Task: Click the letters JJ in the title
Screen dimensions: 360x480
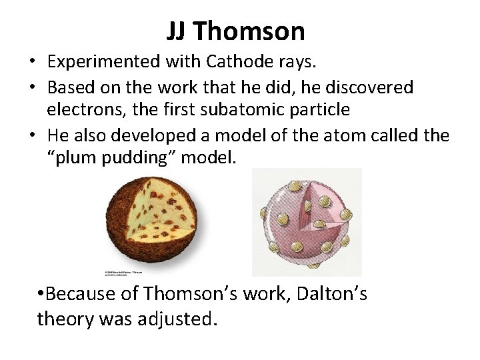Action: coord(179,31)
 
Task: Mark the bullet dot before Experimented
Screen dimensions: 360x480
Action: coord(32,62)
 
